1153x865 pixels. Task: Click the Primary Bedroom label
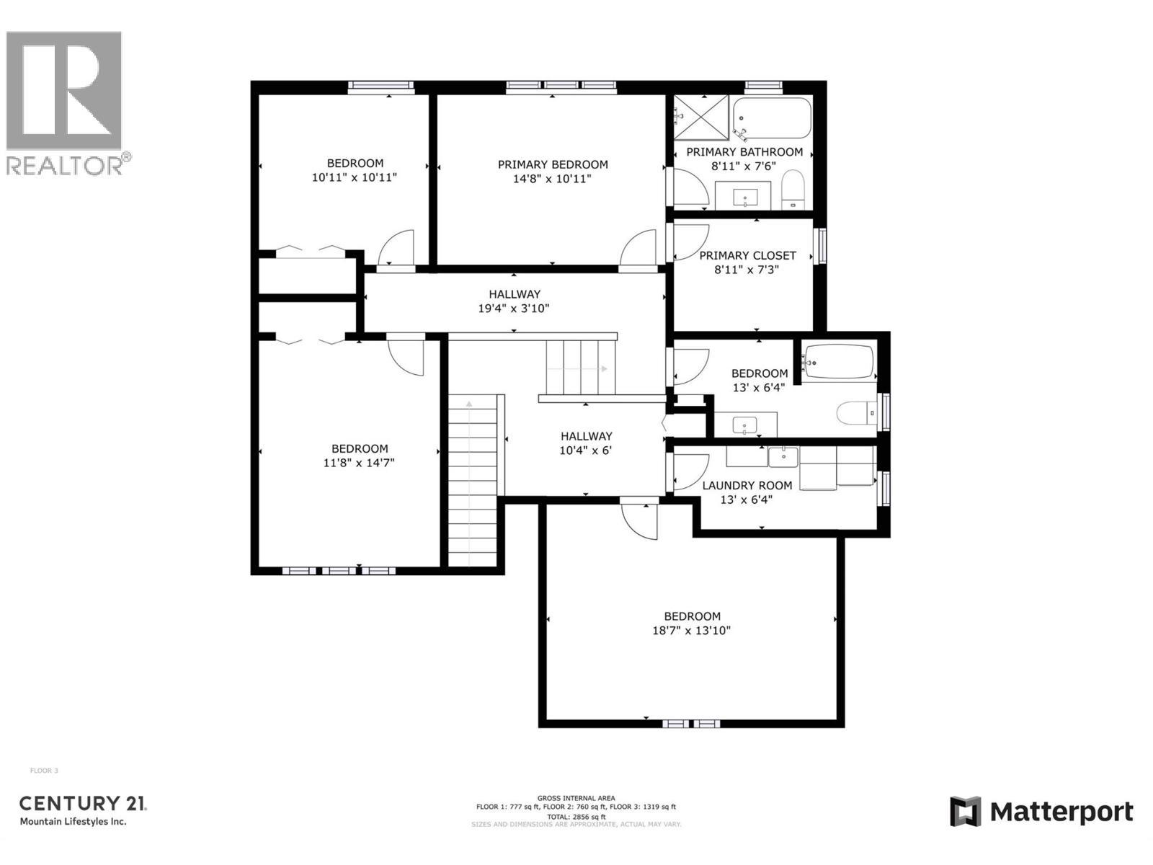coord(553,164)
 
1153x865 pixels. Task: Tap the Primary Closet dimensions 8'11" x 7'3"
coord(747,270)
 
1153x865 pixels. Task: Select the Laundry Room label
coord(747,485)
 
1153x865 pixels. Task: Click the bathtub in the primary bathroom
coord(772,118)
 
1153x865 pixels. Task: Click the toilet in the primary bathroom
coord(793,188)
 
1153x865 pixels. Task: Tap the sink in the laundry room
coord(783,456)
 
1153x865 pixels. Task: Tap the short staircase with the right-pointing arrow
coord(580,368)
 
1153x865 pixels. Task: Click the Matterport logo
coord(1041,812)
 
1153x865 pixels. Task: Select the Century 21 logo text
coord(82,803)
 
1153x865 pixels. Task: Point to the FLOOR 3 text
coord(44,771)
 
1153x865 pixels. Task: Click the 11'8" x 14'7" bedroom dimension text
coord(359,463)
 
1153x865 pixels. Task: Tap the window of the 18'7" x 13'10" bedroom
coord(691,723)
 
